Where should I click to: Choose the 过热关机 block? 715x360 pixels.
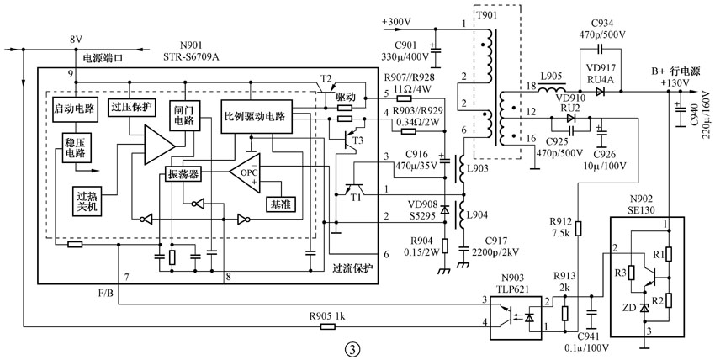[x=87, y=200]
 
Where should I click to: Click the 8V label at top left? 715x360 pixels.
[x=76, y=40]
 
